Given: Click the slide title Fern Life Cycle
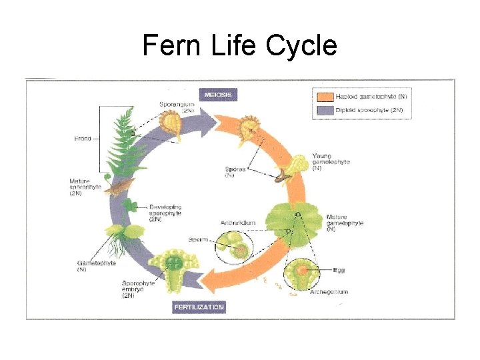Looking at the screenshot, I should [240, 46].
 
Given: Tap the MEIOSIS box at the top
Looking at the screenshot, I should [219, 95].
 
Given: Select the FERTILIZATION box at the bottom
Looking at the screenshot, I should [199, 307].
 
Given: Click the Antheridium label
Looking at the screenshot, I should [236, 223].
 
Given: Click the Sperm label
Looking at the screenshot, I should [197, 239].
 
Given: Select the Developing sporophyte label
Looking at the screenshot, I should [165, 213].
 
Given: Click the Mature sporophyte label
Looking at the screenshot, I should [85, 185].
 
